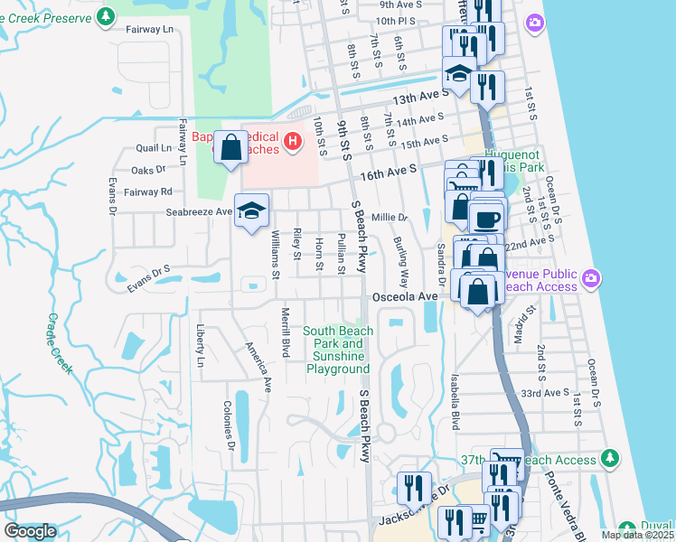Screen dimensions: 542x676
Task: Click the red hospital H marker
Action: click(292, 141)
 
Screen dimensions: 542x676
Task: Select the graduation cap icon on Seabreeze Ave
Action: click(251, 211)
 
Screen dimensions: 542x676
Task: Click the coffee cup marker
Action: click(487, 220)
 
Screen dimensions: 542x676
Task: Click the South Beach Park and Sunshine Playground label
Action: click(338, 350)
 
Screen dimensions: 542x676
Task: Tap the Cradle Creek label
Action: click(62, 343)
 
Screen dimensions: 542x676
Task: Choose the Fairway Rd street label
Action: click(153, 192)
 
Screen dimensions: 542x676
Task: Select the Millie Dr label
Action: click(390, 218)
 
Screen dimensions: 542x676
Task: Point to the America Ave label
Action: click(258, 366)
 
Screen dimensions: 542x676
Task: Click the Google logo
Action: click(30, 532)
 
